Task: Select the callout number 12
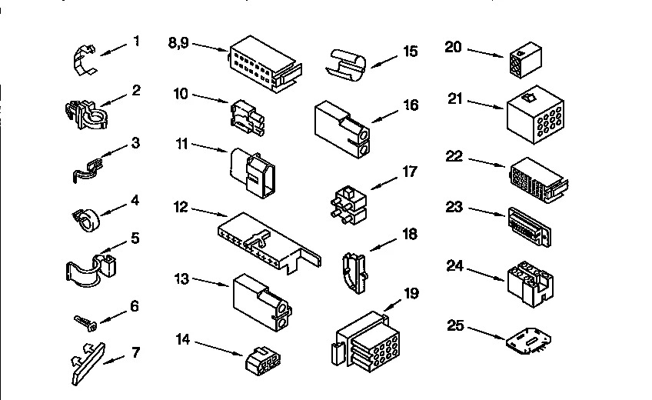[x=180, y=206]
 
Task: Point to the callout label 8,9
[x=178, y=43]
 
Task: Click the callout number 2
[x=135, y=90]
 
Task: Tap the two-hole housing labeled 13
[x=261, y=302]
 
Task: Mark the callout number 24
[x=455, y=266]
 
